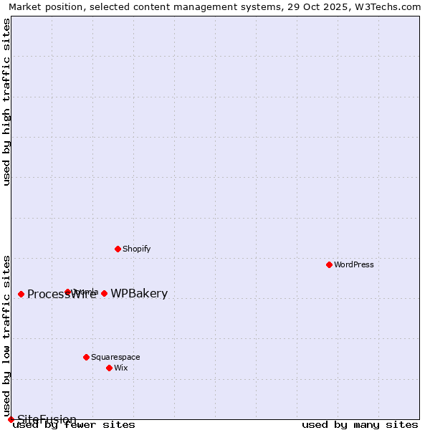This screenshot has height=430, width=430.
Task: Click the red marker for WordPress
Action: coord(329,264)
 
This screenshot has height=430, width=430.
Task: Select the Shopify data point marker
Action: coord(118,249)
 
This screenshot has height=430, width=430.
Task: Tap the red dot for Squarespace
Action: coord(86,357)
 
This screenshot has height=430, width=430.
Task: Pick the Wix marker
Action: coord(109,368)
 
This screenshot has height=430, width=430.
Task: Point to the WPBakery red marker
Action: coord(104,293)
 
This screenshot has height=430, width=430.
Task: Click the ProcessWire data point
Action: coord(21,294)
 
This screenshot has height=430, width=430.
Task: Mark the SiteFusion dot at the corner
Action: coord(11,419)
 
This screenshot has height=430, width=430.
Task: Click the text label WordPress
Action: coord(354,264)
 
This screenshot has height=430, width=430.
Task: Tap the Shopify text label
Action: coord(136,249)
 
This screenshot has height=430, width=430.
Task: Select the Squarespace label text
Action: coord(115,357)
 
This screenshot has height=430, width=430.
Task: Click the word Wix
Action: coord(120,368)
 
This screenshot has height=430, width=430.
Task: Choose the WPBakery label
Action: coord(139,293)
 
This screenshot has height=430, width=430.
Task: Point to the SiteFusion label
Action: coord(47,419)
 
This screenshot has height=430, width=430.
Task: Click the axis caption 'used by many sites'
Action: coord(360,425)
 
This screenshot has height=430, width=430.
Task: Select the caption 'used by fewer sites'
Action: coord(75,425)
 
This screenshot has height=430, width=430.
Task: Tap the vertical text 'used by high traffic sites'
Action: coord(7,102)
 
